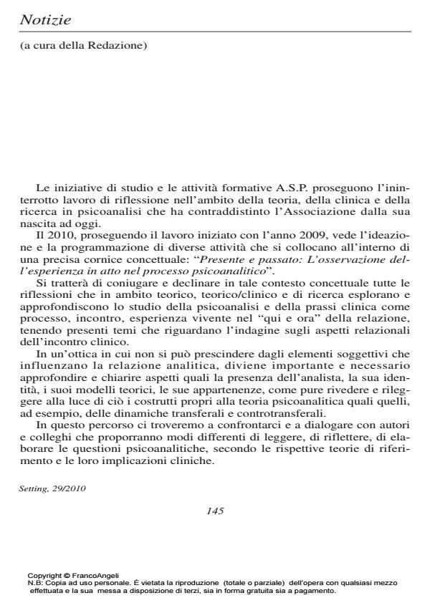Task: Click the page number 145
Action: click(215, 511)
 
